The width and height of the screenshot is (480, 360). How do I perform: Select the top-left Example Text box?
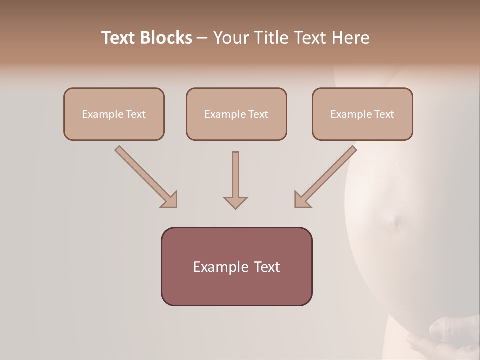point(114,114)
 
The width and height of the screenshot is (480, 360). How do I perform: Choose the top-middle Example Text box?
point(236,114)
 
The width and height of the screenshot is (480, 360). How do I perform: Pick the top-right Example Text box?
point(362,114)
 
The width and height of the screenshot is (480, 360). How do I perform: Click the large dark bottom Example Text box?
point(236,267)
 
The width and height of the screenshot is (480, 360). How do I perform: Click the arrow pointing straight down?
point(235,180)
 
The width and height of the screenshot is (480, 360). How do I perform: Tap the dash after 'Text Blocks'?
point(202,38)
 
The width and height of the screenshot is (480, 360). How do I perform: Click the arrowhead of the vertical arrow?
point(235,202)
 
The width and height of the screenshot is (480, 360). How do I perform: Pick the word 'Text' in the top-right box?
point(384,114)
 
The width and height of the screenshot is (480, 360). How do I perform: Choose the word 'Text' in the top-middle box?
point(258,114)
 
